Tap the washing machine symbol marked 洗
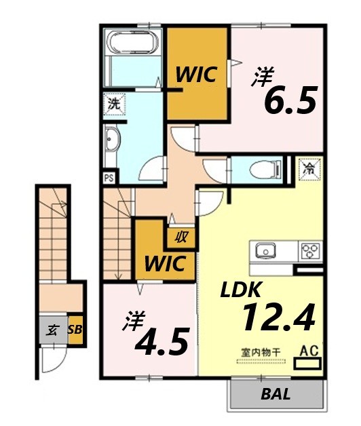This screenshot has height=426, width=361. [113, 104]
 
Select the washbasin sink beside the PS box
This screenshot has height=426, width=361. [113, 143]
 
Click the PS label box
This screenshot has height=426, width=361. [109, 178]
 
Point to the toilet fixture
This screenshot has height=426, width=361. [262, 169]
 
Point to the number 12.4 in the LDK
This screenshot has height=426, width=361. [279, 317]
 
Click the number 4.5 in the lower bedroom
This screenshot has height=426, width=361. [161, 342]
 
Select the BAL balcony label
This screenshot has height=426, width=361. [276, 394]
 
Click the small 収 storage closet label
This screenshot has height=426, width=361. [181, 238]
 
